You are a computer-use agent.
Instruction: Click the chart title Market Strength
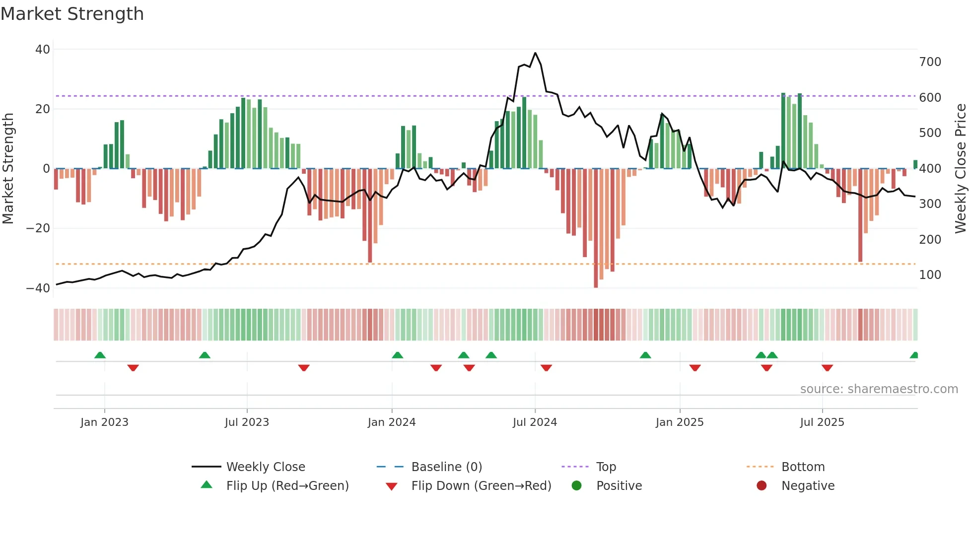click(x=72, y=14)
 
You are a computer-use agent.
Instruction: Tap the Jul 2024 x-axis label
click(x=535, y=422)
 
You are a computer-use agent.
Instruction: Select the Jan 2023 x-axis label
click(x=104, y=422)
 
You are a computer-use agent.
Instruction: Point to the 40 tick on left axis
click(x=43, y=49)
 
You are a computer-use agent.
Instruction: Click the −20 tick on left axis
click(x=38, y=228)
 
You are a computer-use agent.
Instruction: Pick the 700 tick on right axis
click(x=930, y=62)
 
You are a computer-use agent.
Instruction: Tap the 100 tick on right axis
click(x=930, y=274)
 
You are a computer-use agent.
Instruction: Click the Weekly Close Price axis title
click(x=961, y=169)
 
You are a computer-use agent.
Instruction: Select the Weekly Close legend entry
click(x=265, y=467)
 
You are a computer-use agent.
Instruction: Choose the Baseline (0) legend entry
click(x=446, y=467)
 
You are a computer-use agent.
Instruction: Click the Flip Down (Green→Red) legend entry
click(x=481, y=485)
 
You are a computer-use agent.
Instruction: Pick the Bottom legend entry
click(x=803, y=467)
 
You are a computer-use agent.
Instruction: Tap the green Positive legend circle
click(x=576, y=485)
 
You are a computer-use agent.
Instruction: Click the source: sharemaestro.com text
click(x=879, y=389)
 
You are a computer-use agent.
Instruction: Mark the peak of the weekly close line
click(x=535, y=53)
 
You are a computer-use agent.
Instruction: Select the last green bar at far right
click(x=915, y=164)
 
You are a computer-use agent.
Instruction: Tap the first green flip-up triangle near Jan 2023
click(x=100, y=355)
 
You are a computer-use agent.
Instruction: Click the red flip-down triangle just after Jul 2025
click(x=827, y=368)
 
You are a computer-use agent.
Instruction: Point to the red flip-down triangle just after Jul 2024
click(x=546, y=368)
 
